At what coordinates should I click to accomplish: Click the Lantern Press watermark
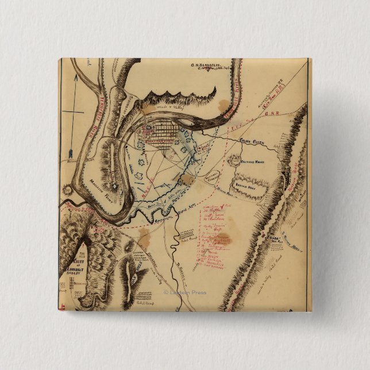click(185, 292)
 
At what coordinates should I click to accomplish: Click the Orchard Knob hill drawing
click(235, 160)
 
